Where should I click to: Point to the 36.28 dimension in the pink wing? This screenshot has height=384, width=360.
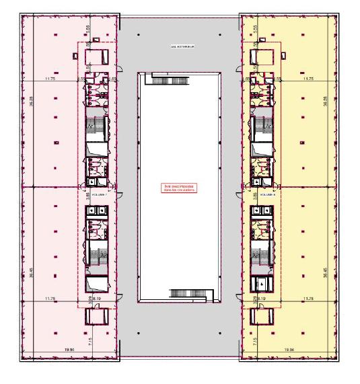pyautogui.click(x=31, y=104)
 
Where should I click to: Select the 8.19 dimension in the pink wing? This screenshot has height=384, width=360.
pyautogui.click(x=97, y=299)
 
